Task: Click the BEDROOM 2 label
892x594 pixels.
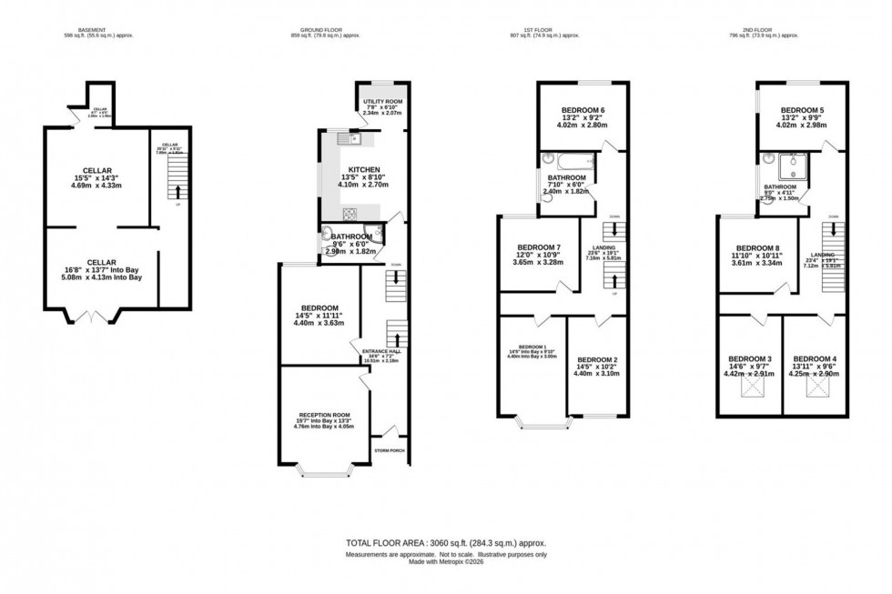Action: pos(597,359)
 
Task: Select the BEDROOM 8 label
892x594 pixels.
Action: pos(758,248)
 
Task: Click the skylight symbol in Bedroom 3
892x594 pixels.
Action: pos(752,389)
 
